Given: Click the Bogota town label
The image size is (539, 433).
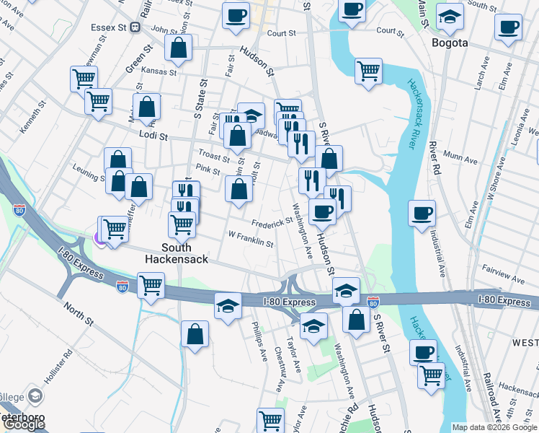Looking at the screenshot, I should pyautogui.click(x=450, y=43).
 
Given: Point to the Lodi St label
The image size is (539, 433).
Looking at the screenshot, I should pyautogui.click(x=153, y=136).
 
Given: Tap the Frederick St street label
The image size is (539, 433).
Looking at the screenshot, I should pyautogui.click(x=272, y=224).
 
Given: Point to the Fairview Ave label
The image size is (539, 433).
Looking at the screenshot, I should pyautogui.click(x=504, y=278).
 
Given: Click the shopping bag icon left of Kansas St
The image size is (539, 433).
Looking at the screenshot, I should pyautogui.click(x=178, y=48).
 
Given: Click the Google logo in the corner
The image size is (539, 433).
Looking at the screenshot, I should pyautogui.click(x=23, y=424).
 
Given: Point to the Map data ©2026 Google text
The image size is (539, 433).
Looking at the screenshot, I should pyautogui.click(x=494, y=427).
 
